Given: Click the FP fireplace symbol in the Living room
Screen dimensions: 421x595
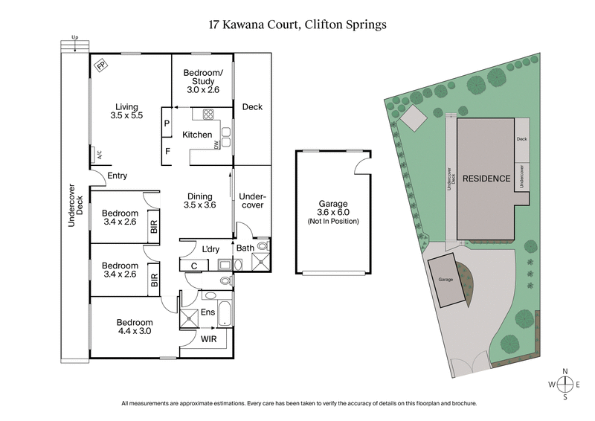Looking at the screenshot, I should point(100,65).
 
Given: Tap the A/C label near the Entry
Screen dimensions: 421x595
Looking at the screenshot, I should point(97,156).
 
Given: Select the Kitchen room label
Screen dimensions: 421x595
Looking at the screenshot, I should point(197,135).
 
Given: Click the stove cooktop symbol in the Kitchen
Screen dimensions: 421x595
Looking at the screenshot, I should point(208,115).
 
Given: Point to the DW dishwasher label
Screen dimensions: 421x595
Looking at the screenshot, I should point(216,145).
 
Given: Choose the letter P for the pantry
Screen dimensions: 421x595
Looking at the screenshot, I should point(167,123).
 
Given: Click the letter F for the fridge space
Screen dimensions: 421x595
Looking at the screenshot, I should point(167,152).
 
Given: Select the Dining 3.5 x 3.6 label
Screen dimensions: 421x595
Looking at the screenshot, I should point(200,199).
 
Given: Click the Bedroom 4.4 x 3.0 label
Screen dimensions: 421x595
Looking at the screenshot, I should point(134,327).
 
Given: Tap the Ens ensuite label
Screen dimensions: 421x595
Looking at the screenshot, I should point(209,312).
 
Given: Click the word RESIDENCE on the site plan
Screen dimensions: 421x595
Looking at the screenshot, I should point(486,179).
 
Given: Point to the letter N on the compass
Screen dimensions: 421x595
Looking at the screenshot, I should point(566,370).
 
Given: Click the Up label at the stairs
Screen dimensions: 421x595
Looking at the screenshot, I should point(74,36).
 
